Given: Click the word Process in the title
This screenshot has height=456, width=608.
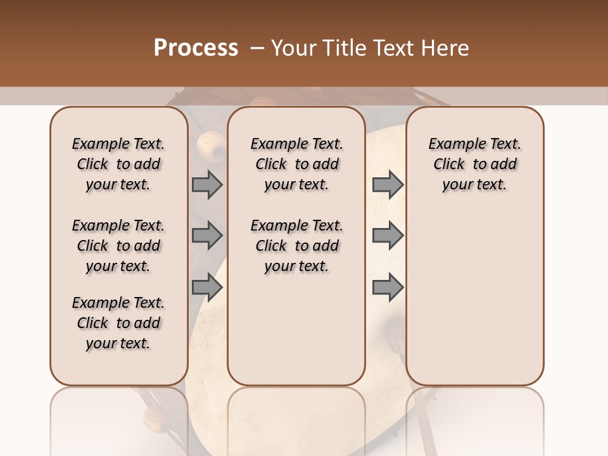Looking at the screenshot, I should click(196, 48).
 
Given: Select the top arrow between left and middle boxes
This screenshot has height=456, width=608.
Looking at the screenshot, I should click(207, 184).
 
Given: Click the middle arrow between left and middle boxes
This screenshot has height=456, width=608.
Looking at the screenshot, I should click(207, 236).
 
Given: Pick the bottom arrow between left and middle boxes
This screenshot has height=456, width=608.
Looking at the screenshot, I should click(207, 288).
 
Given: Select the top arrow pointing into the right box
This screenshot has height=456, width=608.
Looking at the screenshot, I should click(388, 184).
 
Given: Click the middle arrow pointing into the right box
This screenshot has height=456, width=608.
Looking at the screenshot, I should click(388, 236).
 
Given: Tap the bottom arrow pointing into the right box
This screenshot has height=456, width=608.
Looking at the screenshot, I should click(388, 288).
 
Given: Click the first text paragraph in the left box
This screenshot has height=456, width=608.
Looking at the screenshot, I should click(118, 164).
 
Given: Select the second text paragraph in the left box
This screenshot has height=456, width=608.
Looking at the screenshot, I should click(118, 246).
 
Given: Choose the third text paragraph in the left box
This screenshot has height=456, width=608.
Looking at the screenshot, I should click(118, 323).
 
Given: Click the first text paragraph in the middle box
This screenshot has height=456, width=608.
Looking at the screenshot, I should click(297, 164).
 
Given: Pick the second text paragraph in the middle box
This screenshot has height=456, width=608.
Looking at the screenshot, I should click(297, 246).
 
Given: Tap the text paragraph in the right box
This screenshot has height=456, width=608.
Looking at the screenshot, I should click(475, 164).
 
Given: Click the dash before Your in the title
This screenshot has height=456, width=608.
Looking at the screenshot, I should click(257, 48).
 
